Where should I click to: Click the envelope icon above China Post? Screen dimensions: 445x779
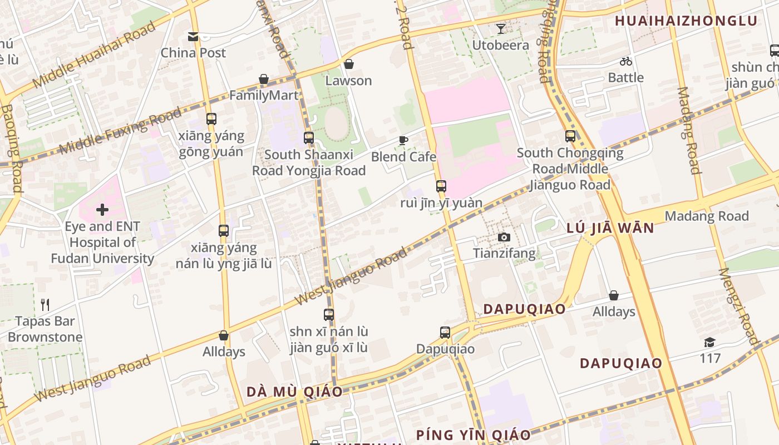pyautogui.click(x=193, y=37)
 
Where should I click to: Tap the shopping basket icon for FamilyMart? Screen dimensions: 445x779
pyautogui.click(x=264, y=80)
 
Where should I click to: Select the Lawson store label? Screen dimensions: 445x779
pyautogui.click(x=348, y=81)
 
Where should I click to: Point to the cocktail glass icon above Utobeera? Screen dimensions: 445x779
pyautogui.click(x=501, y=29)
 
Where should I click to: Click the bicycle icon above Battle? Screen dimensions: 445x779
pyautogui.click(x=626, y=61)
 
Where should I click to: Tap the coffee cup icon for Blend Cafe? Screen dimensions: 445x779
pyautogui.click(x=403, y=141)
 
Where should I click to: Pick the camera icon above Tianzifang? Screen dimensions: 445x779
pyautogui.click(x=504, y=238)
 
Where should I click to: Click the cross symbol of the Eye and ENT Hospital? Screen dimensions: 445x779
pyautogui.click(x=102, y=210)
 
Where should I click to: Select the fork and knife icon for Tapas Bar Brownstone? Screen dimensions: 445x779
pyautogui.click(x=45, y=305)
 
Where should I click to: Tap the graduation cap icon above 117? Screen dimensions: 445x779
pyautogui.click(x=709, y=342)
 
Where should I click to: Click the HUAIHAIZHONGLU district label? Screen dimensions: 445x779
pyautogui.click(x=686, y=21)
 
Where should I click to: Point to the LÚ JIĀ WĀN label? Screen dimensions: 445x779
pyautogui.click(x=610, y=228)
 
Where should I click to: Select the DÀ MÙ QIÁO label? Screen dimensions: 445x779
pyautogui.click(x=294, y=392)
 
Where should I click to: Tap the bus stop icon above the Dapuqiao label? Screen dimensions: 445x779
pyautogui.click(x=445, y=333)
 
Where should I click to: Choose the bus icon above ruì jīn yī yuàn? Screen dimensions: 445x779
pyautogui.click(x=441, y=186)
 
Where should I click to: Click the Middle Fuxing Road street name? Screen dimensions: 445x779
pyautogui.click(x=120, y=131)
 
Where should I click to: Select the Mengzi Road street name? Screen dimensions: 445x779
pyautogui.click(x=738, y=306)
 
